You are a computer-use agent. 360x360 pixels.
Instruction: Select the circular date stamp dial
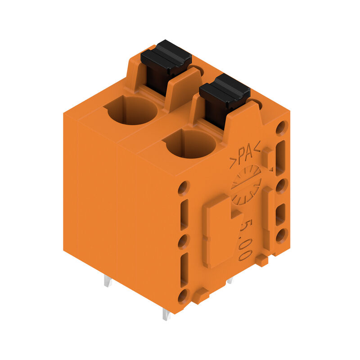click(246, 184)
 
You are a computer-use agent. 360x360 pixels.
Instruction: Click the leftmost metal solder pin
click(108, 281)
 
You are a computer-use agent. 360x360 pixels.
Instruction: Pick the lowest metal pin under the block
click(166, 314)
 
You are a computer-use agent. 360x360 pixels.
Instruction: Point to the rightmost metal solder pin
click(230, 280)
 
